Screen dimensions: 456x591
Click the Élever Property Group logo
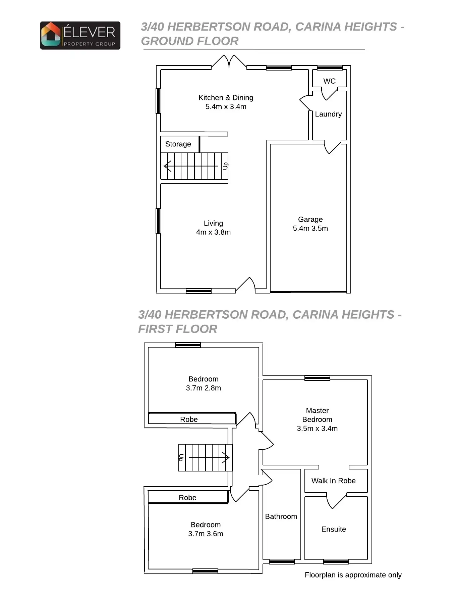coord(80,36)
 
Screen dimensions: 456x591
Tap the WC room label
coord(329,81)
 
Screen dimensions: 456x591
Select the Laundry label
coord(328,114)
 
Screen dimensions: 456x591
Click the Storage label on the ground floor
coord(178,144)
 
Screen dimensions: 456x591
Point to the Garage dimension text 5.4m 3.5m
coord(310,228)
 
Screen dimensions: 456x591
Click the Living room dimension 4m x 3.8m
coord(213,232)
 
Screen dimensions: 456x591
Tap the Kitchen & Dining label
coord(226,98)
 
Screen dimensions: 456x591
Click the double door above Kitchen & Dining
coord(229,61)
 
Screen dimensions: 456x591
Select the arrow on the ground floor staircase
coord(168,166)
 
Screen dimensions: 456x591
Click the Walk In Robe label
coord(333,481)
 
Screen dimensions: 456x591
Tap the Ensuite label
coord(334,529)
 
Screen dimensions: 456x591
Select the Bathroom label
coord(281,516)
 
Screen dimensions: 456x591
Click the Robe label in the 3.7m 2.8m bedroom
coord(189,419)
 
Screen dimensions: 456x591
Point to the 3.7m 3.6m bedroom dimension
coord(206,534)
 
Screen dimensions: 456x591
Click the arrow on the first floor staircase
coord(225,457)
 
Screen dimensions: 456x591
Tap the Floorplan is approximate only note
coord(353,575)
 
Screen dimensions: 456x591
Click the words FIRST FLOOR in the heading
coord(178,329)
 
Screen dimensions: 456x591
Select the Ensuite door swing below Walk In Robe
coord(336,501)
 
